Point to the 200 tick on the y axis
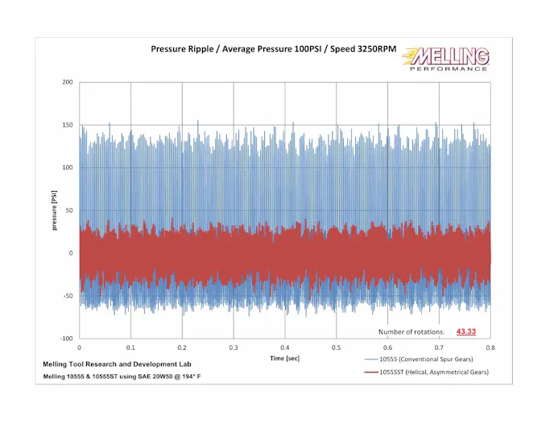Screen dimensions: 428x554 tap(67, 82)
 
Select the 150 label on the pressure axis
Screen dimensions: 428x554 tap(67, 125)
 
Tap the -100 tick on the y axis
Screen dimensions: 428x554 tap(65, 339)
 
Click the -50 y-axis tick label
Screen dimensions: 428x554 tap(67, 296)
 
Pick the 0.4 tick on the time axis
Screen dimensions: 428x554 tap(285, 347)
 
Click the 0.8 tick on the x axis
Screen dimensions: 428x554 tap(490, 347)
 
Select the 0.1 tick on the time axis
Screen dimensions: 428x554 tap(130, 347)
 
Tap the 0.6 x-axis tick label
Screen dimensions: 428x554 tap(387, 347)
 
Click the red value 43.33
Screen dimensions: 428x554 tap(466, 331)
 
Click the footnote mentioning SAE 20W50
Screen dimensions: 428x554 tap(122, 377)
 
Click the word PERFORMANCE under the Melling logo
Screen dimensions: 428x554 tap(448, 69)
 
